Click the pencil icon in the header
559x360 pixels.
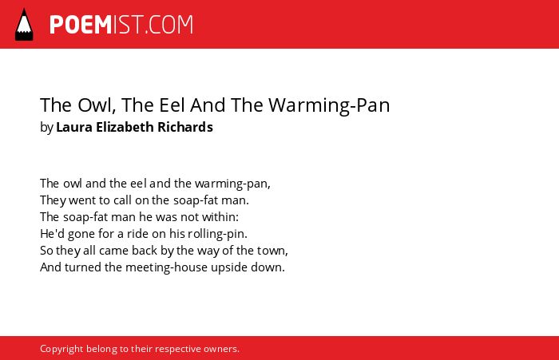click(24, 25)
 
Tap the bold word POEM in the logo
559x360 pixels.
click(81, 25)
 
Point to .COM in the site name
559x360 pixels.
click(169, 25)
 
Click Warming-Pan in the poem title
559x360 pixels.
click(329, 105)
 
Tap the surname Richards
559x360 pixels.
click(185, 127)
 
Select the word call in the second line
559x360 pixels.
click(123, 200)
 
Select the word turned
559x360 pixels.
click(83, 267)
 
